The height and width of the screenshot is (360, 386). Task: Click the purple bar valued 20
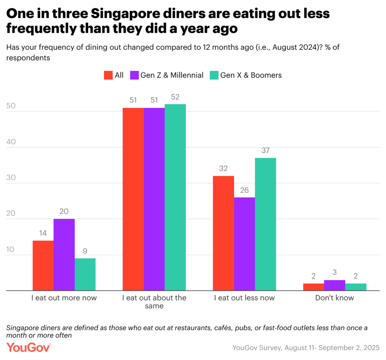64,255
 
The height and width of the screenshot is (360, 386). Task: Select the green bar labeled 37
265,224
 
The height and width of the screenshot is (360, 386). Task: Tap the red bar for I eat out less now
223,233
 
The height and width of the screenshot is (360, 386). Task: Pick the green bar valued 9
85,274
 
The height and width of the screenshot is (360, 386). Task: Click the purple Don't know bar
335,285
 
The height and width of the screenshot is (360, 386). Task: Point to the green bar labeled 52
175,197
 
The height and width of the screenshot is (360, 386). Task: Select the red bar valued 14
43,265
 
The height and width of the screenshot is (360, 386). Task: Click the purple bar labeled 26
244,244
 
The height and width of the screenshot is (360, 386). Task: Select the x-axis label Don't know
335,298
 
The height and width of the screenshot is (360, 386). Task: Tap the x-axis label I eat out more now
64,298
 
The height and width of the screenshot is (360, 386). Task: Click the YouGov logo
29,347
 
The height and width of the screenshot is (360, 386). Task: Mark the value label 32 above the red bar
223,168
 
